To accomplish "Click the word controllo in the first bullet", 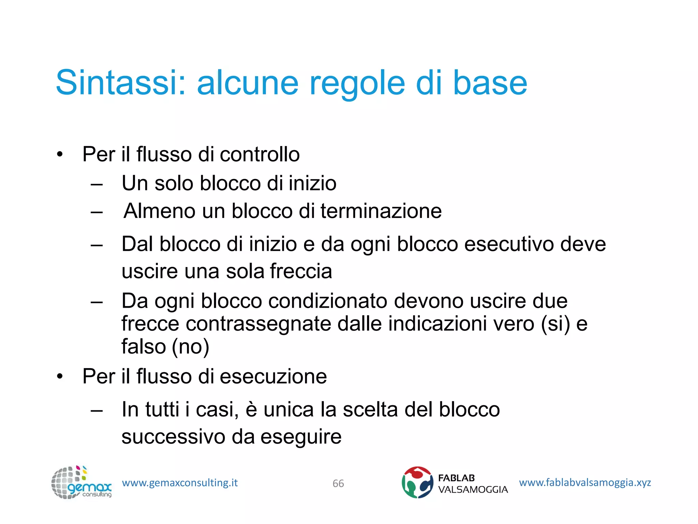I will pos(260,154).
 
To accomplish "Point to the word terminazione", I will pos(381,211).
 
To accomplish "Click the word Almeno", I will pos(160,211).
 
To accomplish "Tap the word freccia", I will pos(301,272).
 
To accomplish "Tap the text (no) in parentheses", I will pos(191,347).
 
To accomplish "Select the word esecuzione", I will pos(273,376).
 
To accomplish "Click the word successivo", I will pos(173,437).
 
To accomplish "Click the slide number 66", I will pos(338,483).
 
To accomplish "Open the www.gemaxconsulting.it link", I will pos(180,483).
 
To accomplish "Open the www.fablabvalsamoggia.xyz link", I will pos(585,483).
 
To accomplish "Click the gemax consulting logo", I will pos(81,483).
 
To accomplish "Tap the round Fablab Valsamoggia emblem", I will pos(418,482).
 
